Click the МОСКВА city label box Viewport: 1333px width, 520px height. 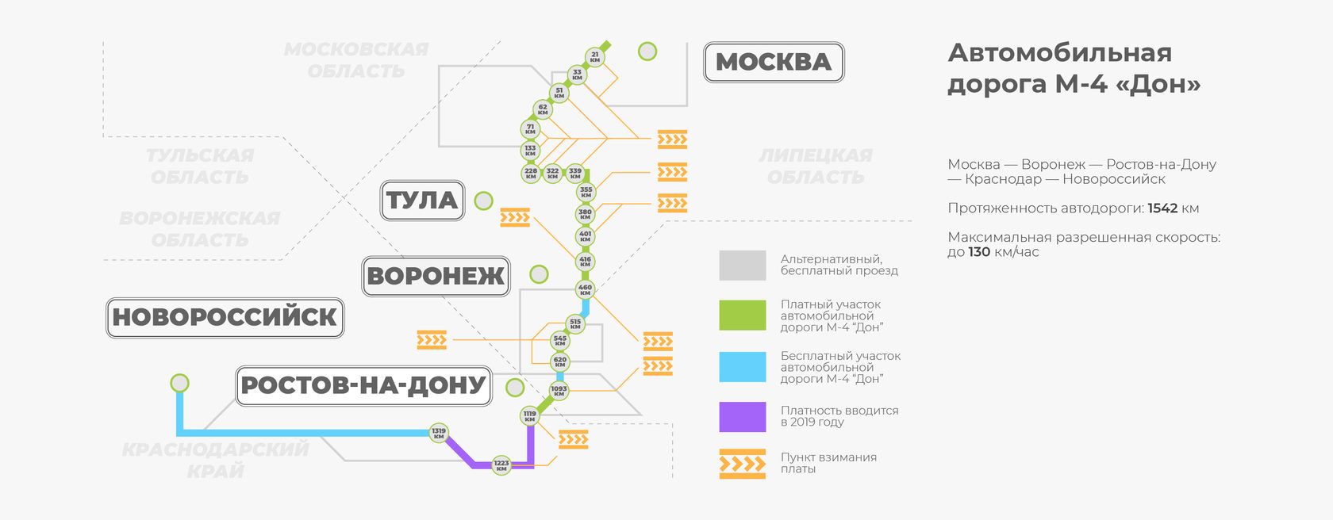(774, 62)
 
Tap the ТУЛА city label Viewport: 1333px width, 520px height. (422, 201)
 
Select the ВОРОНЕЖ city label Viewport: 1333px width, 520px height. (436, 276)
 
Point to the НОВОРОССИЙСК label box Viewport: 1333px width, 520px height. (225, 317)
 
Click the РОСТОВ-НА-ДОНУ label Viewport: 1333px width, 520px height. (363, 385)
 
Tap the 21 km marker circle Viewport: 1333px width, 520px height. (594, 57)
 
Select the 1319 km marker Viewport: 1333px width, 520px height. (439, 433)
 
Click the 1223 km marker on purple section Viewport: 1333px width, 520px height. (501, 465)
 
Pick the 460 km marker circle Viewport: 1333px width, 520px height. (585, 289)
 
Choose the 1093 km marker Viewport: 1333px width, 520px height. (559, 390)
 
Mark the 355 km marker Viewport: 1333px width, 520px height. (586, 191)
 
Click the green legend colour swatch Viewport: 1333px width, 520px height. (742, 315)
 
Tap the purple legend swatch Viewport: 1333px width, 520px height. (742, 417)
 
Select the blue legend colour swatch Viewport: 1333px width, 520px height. (742, 367)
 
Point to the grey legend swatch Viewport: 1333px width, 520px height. (742, 266)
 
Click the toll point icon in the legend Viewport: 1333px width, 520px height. (742, 465)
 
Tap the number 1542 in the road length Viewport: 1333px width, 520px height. (1162, 208)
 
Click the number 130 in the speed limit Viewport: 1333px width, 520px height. (979, 252)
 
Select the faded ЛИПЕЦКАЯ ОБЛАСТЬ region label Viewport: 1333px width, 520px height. (816, 166)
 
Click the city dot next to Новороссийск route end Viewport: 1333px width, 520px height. (180, 384)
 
